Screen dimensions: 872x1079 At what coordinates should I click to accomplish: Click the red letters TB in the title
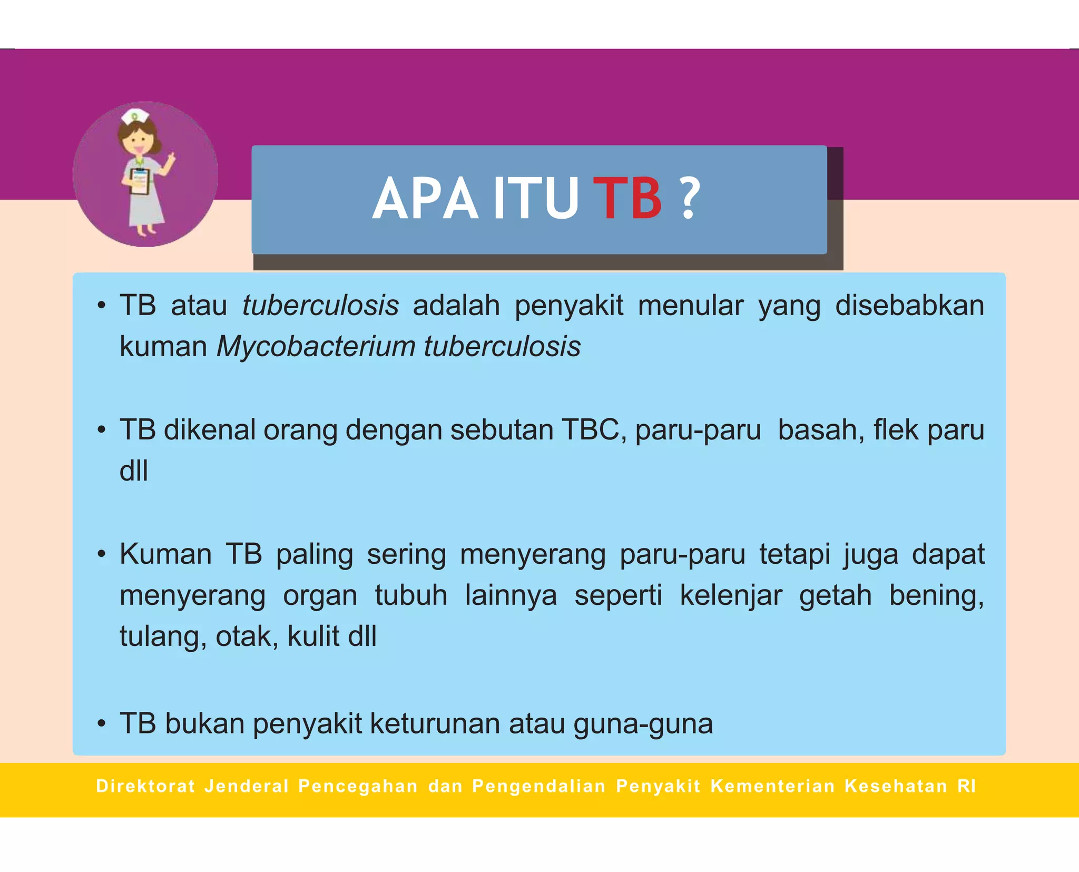coord(627,199)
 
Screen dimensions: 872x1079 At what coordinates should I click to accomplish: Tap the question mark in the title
coord(690,199)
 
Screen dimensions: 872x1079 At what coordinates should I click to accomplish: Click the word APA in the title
coord(425,199)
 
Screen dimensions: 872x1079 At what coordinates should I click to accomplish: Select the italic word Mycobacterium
coord(316,347)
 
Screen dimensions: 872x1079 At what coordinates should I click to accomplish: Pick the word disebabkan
coord(909,306)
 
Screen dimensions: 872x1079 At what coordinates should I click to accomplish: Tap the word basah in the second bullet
coord(821,430)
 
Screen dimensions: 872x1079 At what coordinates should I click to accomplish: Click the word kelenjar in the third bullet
coord(731,595)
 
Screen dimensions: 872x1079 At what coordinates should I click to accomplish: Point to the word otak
coord(247,636)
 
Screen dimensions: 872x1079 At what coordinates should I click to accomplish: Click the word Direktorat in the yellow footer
coord(145,786)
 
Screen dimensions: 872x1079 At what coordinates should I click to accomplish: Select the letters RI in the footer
coord(967,786)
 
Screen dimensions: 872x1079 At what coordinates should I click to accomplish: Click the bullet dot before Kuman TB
coord(102,555)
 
